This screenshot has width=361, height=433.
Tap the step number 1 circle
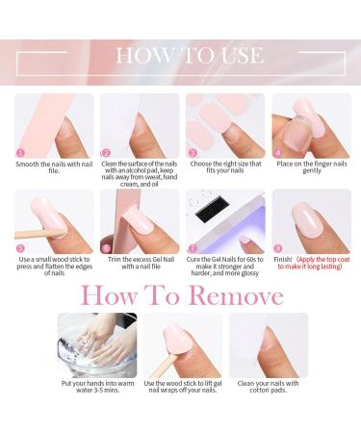[20, 152]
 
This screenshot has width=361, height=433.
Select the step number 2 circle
[106, 152]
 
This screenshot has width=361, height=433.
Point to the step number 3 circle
[192, 152]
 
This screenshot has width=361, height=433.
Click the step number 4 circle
[278, 152]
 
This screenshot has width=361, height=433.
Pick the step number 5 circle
[20, 247]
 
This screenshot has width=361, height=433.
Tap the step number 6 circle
[106, 247]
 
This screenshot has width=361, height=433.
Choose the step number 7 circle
[192, 247]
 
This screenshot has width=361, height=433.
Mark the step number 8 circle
[278, 247]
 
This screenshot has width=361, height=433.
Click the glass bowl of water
[96, 345]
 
